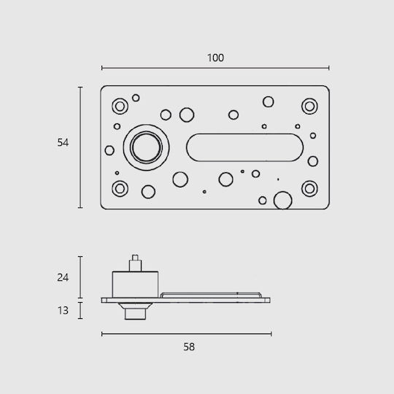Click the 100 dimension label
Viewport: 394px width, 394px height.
click(215, 58)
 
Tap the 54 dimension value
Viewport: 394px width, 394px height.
click(63, 142)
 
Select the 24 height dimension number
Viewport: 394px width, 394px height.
click(63, 277)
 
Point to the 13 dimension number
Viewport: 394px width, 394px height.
click(63, 311)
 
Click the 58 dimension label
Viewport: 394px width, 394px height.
click(189, 347)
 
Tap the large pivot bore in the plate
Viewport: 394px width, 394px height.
click(146, 147)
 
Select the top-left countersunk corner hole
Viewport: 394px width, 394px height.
click(120, 107)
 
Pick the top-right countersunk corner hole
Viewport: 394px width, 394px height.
click(309, 107)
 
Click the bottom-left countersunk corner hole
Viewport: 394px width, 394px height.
click(120, 189)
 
